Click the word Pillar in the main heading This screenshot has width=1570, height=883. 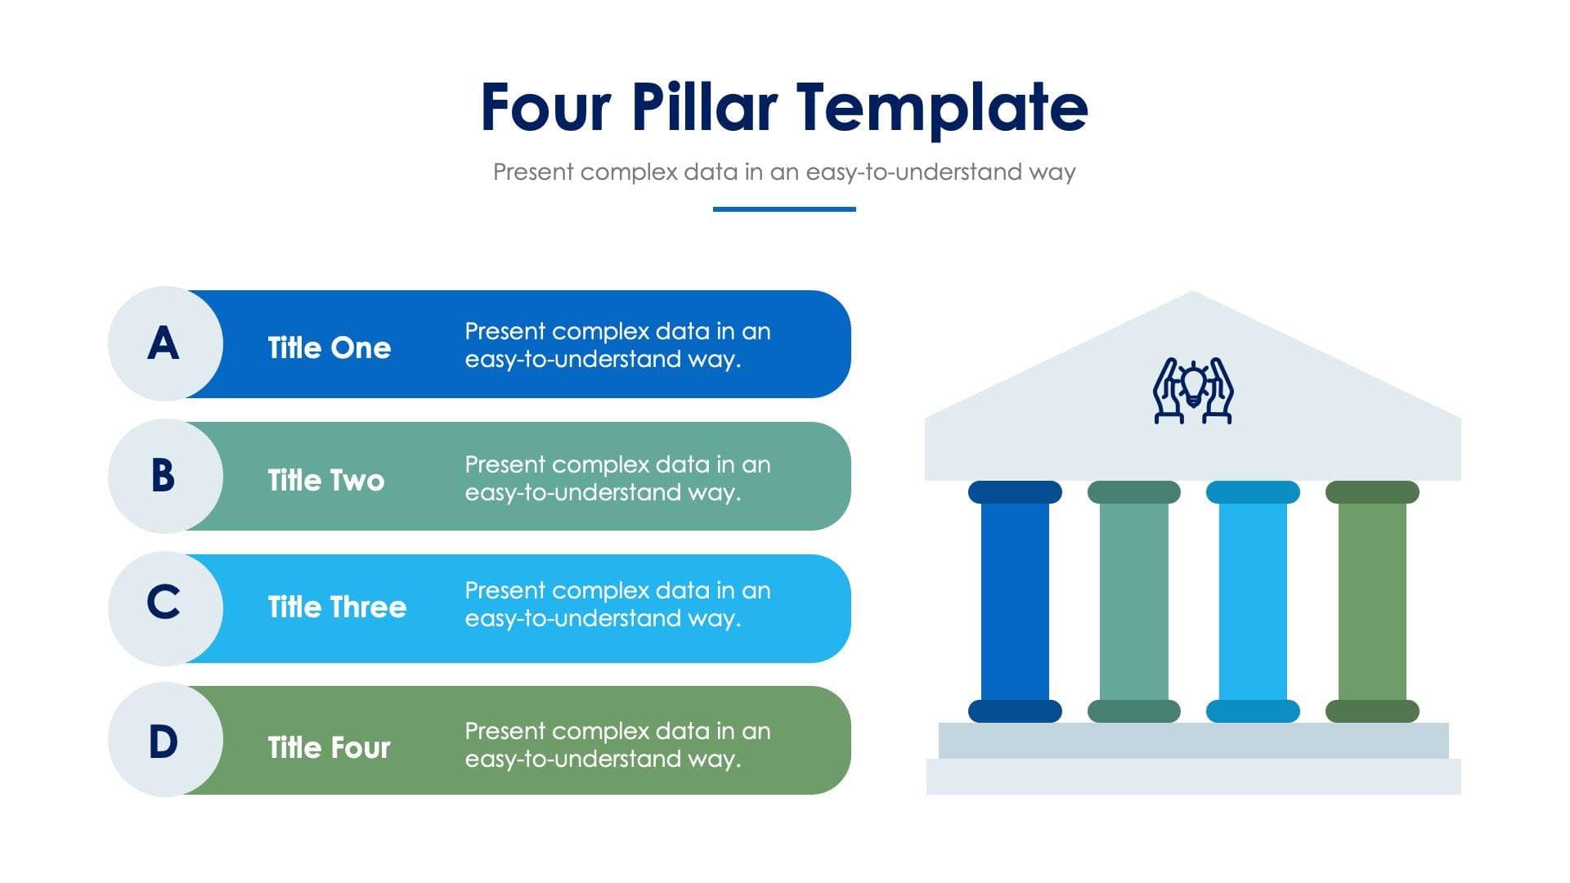[x=703, y=107]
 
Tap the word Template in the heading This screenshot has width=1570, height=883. [x=942, y=107]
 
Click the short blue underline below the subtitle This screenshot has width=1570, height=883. [x=784, y=209]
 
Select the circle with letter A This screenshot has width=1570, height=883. [x=164, y=343]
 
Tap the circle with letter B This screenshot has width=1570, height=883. [x=164, y=476]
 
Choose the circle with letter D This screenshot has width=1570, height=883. [x=164, y=741]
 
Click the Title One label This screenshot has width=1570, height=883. [x=329, y=347]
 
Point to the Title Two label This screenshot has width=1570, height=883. [x=325, y=480]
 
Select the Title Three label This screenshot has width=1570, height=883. [x=337, y=607]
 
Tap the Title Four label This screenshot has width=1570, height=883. [x=329, y=747]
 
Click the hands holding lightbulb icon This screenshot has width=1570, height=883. [x=1193, y=391]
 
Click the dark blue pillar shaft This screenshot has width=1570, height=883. [x=1015, y=601]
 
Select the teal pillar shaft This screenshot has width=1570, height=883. [x=1133, y=601]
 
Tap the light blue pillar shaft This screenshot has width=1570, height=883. [x=1253, y=601]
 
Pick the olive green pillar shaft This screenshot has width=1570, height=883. [x=1372, y=601]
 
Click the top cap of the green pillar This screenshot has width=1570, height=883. [x=1372, y=492]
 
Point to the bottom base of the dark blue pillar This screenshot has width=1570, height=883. [x=1015, y=710]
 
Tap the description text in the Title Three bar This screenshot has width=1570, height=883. [x=617, y=604]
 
